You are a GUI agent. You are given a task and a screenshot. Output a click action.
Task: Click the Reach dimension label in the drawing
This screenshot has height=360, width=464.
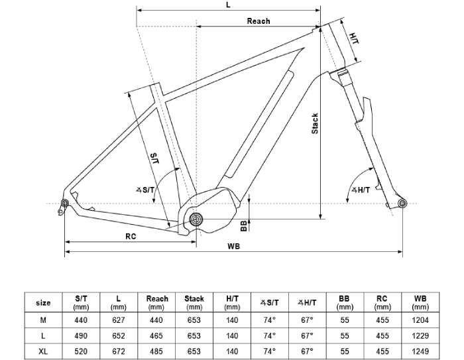(259, 21)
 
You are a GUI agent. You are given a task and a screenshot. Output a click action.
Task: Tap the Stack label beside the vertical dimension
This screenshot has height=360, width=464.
(316, 123)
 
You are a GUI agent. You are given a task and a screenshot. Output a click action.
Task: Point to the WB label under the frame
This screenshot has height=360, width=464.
(233, 247)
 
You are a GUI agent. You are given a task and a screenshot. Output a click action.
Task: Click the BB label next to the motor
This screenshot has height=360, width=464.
(244, 225)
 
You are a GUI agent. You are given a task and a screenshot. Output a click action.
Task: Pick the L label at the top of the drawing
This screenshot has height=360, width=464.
(227, 5)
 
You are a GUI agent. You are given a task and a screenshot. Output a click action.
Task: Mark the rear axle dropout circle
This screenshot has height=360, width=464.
(65, 203)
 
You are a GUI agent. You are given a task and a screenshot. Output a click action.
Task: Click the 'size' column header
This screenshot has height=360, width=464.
(43, 302)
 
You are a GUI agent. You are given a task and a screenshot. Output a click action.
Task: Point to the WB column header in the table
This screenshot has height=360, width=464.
(420, 302)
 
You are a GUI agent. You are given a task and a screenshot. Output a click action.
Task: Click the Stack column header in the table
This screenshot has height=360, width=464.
(194, 302)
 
